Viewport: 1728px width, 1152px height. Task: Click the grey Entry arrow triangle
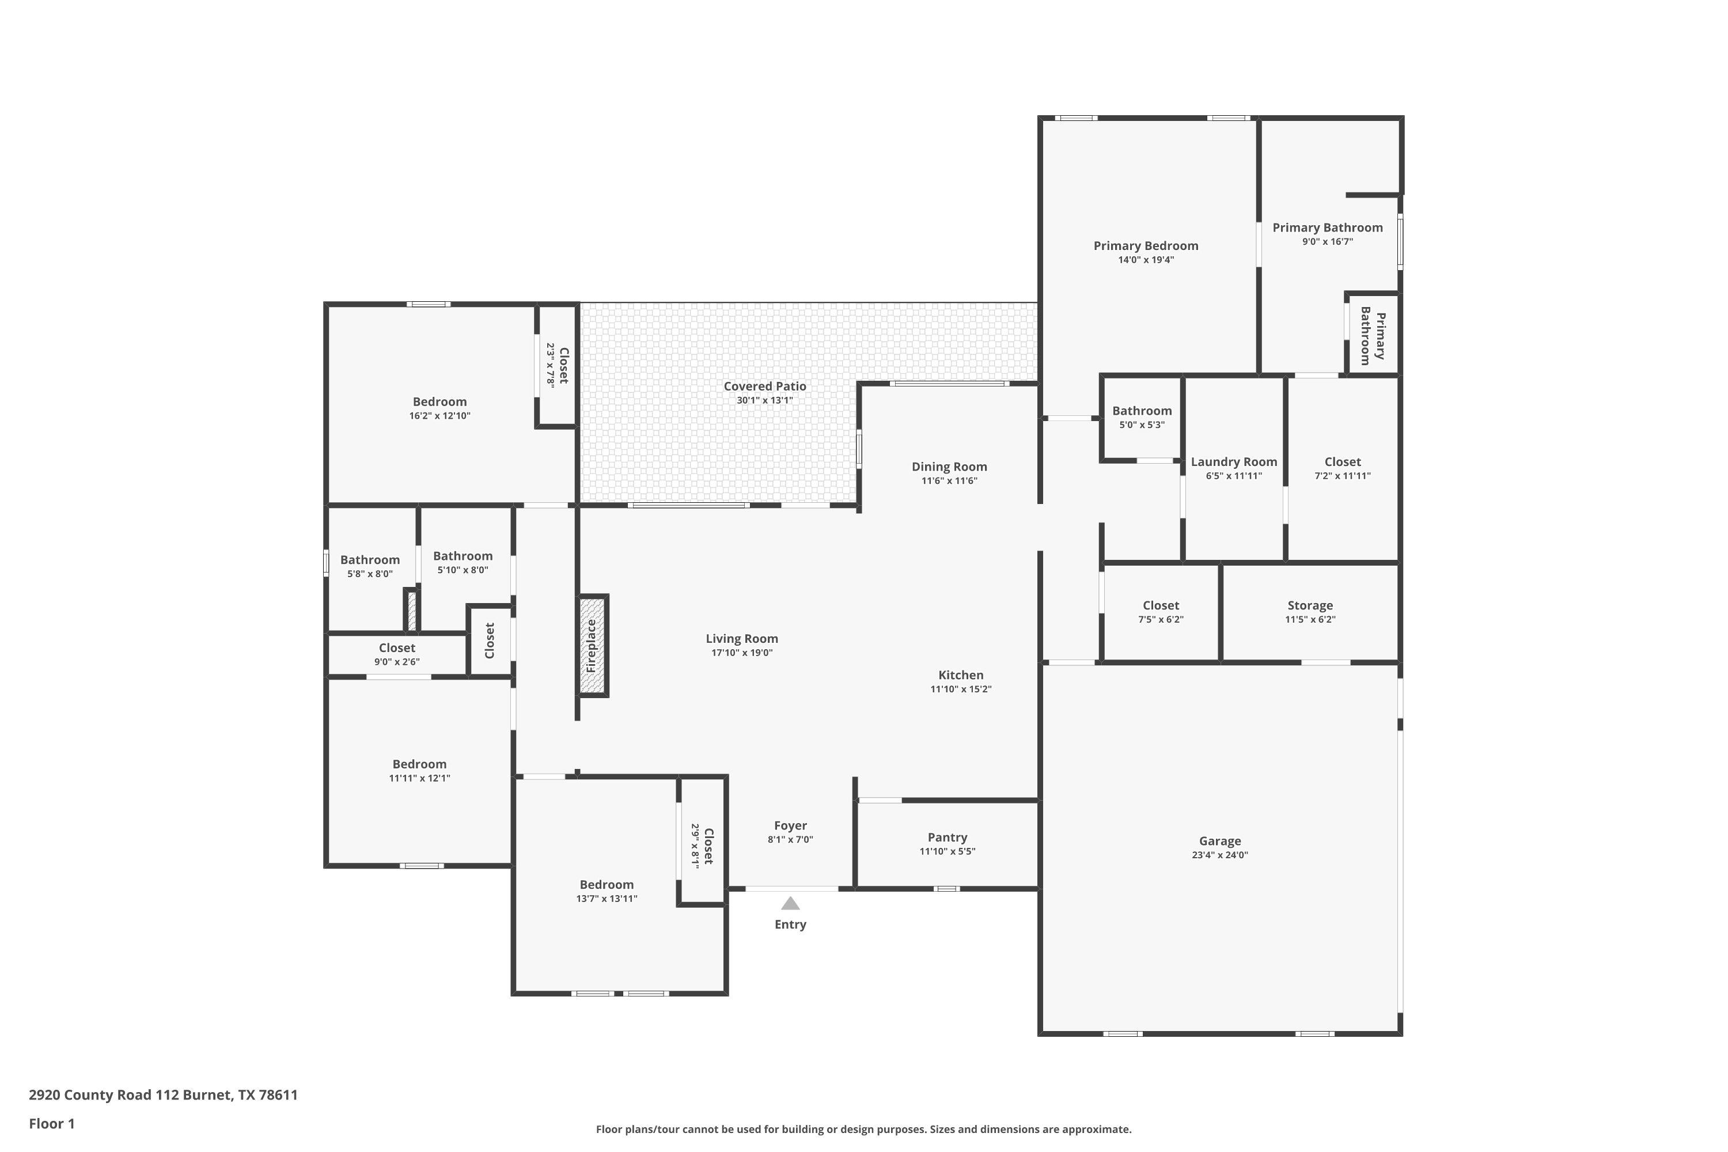coord(790,904)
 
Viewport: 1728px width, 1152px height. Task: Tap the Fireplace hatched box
coord(592,646)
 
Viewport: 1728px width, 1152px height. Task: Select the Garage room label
coord(1219,841)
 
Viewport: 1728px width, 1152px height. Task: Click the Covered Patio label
coord(765,386)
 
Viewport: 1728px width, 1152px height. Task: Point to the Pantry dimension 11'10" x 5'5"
coord(947,851)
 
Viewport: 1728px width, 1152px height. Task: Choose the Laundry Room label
coord(1234,462)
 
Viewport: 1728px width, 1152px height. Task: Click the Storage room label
coord(1310,606)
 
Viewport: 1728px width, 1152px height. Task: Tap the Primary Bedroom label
coord(1146,246)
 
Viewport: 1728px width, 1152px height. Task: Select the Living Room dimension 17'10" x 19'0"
coord(741,653)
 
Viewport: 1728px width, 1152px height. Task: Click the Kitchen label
coord(960,675)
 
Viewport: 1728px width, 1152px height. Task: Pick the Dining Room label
coord(949,467)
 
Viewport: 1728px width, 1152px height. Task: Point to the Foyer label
coord(790,826)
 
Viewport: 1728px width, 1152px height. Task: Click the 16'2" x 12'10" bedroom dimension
coord(439,416)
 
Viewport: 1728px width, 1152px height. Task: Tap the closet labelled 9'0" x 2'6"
coord(397,648)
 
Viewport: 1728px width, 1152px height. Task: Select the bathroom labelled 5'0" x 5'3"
coord(1141,411)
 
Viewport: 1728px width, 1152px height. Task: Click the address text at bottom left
coord(163,1095)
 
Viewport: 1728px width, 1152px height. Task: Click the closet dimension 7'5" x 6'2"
coord(1161,619)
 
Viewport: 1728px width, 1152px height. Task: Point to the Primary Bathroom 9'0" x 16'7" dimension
coord(1327,242)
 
